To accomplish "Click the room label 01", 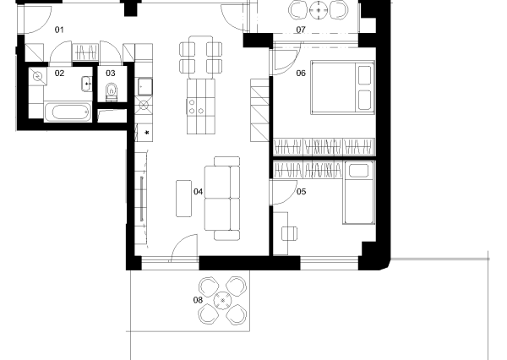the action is click(x=59, y=30).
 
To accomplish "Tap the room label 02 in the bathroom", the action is click(x=59, y=74).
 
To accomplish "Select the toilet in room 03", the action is click(x=112, y=91).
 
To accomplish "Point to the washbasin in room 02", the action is click(x=87, y=85).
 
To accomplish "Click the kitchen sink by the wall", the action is click(x=144, y=86).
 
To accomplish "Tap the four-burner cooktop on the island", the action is click(x=196, y=106).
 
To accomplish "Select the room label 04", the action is click(x=199, y=192).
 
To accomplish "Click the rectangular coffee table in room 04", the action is click(x=183, y=199).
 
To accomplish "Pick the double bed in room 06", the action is click(x=342, y=87).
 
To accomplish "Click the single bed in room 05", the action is click(x=359, y=193).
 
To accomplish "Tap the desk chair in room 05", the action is click(x=289, y=233).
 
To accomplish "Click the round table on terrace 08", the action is click(x=222, y=301).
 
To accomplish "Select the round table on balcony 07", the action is click(x=319, y=10).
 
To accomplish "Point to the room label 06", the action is click(x=301, y=74).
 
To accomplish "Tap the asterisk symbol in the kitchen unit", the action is click(x=147, y=133).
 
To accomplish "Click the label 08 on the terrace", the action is click(x=198, y=300).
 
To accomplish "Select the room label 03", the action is click(x=111, y=74).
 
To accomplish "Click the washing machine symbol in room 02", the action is click(x=38, y=77).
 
